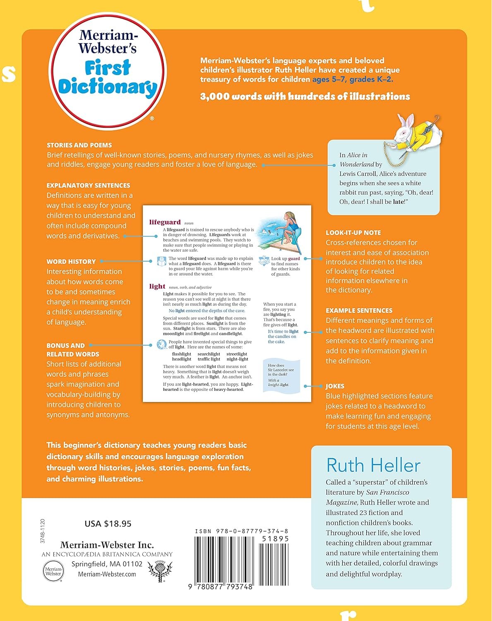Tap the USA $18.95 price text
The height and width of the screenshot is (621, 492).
(108, 524)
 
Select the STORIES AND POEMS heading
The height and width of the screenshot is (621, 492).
(79, 145)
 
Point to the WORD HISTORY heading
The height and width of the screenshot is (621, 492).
(71, 262)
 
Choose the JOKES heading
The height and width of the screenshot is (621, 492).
(335, 386)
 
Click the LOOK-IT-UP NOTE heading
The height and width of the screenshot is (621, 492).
(353, 233)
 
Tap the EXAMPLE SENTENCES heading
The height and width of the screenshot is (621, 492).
(359, 310)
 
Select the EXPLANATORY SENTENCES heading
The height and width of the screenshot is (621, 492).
(88, 185)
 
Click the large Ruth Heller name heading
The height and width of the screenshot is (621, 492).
(373, 465)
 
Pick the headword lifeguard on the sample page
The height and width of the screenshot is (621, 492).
(165, 222)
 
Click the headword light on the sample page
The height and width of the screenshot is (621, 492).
(157, 286)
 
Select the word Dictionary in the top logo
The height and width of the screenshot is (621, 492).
(108, 87)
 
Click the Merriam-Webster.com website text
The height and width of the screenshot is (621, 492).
(107, 574)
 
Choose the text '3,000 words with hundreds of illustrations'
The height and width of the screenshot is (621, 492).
(305, 96)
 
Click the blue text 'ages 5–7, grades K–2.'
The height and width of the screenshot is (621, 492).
(353, 79)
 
